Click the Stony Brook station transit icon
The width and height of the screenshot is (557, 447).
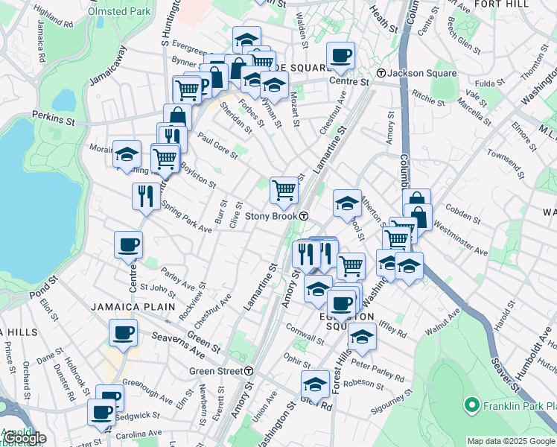[x=305, y=216]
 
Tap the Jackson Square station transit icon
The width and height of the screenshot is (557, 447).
[x=381, y=73]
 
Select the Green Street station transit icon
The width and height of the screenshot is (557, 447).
[x=249, y=370]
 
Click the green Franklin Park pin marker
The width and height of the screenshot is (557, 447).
[x=471, y=405]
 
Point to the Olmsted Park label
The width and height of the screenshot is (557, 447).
[x=118, y=12]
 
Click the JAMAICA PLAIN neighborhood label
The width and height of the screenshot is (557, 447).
[x=133, y=306]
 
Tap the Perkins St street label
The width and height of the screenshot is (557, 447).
[x=54, y=116]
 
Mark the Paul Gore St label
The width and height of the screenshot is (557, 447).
[x=217, y=146]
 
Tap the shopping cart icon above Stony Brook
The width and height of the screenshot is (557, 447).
[x=284, y=190]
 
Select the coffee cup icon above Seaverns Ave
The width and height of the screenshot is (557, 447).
[x=123, y=332]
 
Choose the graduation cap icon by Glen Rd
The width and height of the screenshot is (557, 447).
[x=315, y=384]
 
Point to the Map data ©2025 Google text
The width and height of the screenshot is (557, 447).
[x=511, y=441]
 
